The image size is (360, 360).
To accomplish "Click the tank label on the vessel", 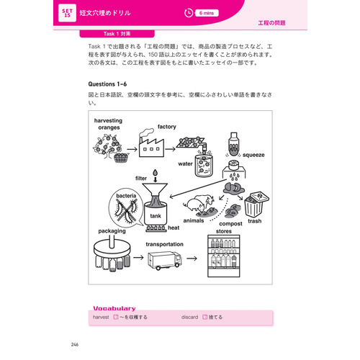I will click(156, 215).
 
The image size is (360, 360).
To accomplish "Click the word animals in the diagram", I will click(194, 221).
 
